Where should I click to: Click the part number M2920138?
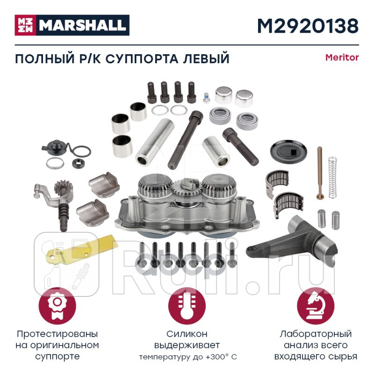307,26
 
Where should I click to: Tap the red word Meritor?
342,58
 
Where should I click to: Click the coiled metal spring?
332,174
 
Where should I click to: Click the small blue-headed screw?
206,99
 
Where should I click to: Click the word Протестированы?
57,334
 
